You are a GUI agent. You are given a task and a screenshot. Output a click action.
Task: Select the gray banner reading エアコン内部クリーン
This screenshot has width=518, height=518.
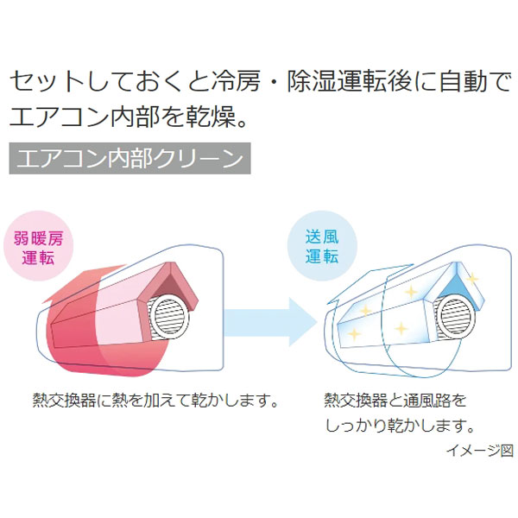(x=129, y=160)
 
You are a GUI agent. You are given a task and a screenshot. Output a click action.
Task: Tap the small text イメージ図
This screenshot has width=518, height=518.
(x=480, y=450)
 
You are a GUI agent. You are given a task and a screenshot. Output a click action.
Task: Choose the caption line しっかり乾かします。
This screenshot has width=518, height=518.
(x=400, y=426)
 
